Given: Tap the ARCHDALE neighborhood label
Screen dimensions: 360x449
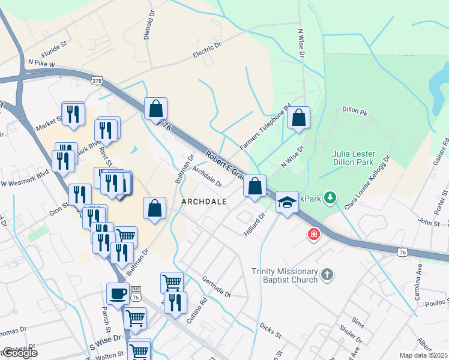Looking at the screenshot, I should [x=204, y=202].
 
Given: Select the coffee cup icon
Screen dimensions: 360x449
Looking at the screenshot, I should [x=118, y=294].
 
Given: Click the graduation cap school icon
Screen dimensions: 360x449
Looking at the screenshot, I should [x=287, y=202].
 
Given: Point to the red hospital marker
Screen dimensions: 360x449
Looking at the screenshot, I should [x=313, y=234].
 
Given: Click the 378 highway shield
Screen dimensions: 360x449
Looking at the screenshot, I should [x=97, y=79].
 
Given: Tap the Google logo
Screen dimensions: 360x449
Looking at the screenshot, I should [x=20, y=353].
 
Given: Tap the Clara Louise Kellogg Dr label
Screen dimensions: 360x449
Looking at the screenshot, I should [x=367, y=182].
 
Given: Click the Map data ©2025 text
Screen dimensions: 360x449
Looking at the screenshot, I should [x=424, y=355].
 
